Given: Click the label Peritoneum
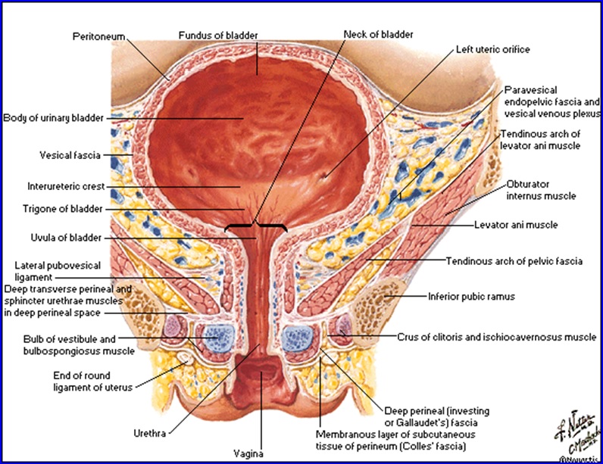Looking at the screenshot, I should (98, 36).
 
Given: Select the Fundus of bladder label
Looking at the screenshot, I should (218, 36).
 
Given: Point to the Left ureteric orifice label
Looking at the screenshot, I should (492, 50).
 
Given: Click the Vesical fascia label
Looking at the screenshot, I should (70, 155).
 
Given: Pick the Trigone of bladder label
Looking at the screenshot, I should (63, 209).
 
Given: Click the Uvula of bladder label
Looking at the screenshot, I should (62, 238).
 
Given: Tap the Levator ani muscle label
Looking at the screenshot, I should (516, 225).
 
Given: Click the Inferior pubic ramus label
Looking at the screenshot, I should (471, 297).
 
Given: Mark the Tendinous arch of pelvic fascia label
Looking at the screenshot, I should (514, 261).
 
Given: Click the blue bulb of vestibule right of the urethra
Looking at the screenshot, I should (296, 334).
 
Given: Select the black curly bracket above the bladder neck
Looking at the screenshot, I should (257, 226).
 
